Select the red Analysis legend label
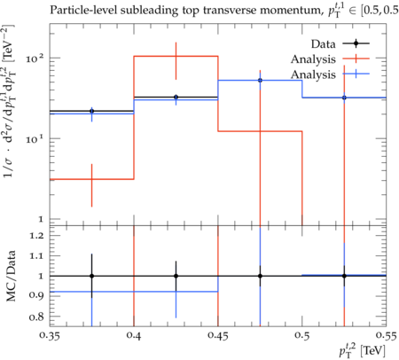[313, 59]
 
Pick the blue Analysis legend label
[313, 74]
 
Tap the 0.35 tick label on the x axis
[50, 336]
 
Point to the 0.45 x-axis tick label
[218, 336]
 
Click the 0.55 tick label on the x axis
[386, 336]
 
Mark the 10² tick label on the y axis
[35, 58]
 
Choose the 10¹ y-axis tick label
[35, 138]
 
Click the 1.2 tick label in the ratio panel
[36, 236]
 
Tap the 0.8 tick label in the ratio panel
[36, 317]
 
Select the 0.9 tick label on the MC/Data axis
[36, 295]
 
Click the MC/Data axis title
[11, 276]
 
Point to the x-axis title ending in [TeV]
[363, 351]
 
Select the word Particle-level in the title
[83, 10]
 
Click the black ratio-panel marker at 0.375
[92, 276]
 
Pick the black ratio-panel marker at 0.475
[260, 276]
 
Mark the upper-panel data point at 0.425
[176, 97]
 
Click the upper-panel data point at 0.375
[92, 111]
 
